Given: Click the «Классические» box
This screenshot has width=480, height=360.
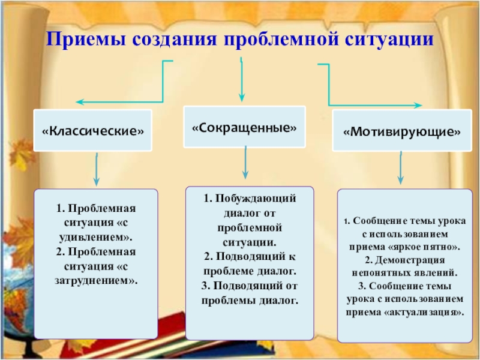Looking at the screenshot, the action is (93, 130).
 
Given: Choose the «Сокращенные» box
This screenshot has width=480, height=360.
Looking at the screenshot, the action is (244, 127).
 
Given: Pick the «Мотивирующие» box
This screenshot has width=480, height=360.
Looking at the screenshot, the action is (401, 131).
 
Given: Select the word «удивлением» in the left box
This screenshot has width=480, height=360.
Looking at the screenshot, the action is (93, 236).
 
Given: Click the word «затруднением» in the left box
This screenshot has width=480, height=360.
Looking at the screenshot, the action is (95, 280).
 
